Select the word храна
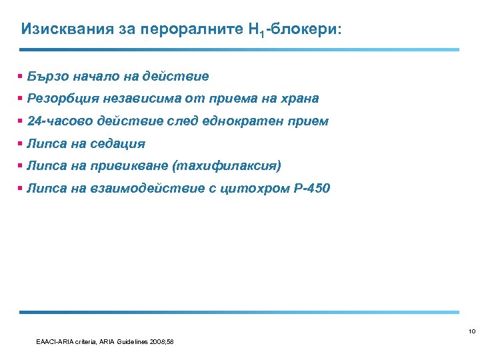point(300,99)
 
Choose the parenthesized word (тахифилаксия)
point(226,165)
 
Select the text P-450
point(311,188)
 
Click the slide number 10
point(471,331)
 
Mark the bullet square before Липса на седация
point(21,143)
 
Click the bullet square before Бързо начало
point(21,77)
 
